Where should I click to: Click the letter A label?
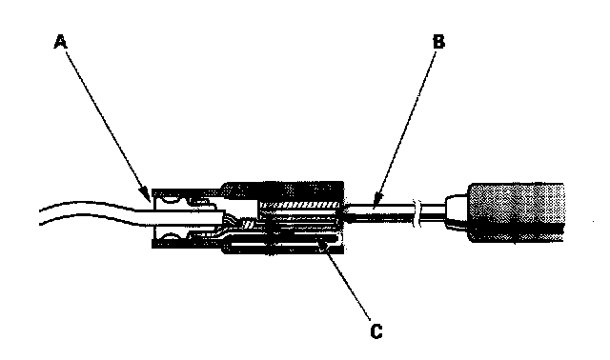click(x=60, y=42)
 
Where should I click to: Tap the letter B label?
click(x=438, y=42)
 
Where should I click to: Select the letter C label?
click(x=376, y=331)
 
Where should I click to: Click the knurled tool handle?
click(x=517, y=212)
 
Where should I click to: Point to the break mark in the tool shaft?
click(x=417, y=213)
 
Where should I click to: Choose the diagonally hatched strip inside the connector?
click(x=300, y=204)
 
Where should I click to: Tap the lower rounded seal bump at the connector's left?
click(x=168, y=235)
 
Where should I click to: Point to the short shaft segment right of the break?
click(x=433, y=212)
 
